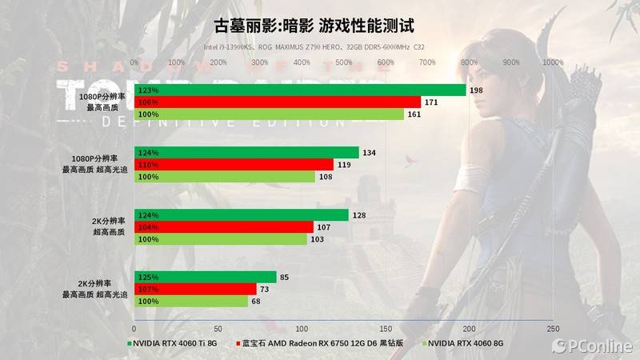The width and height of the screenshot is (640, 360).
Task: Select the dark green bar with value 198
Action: pyautogui.click(x=300, y=90)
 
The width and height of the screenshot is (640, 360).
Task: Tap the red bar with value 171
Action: pyautogui.click(x=278, y=102)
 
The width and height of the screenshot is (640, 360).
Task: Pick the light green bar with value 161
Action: pyautogui.click(x=269, y=114)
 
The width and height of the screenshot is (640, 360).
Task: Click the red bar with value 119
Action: pyautogui.click(x=234, y=165)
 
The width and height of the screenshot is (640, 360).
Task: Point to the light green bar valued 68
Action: pyautogui.click(x=191, y=302)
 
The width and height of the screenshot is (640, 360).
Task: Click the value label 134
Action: pyautogui.click(x=369, y=153)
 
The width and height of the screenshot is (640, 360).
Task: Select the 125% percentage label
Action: pyautogui.click(x=149, y=278)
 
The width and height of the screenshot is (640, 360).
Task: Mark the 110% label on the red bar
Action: pyautogui.click(x=149, y=165)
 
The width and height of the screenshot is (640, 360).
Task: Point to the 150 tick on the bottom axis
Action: pyautogui.click(x=386, y=329)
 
